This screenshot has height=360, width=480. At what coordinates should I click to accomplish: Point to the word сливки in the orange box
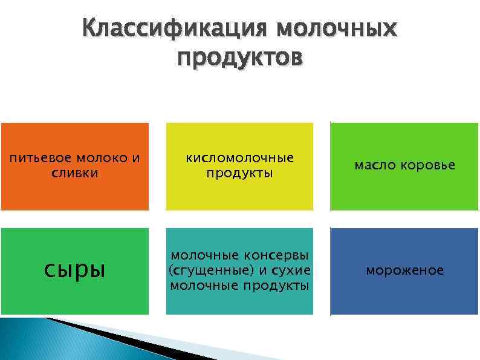point(74,173)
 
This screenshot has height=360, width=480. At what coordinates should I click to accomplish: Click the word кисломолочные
point(239,158)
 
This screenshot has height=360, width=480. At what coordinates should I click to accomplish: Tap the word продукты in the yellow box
point(239,173)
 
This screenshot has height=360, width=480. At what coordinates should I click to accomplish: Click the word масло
point(374,165)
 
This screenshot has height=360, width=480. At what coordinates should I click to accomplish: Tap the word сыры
point(74,269)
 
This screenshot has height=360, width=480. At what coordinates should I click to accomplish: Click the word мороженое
point(404,270)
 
